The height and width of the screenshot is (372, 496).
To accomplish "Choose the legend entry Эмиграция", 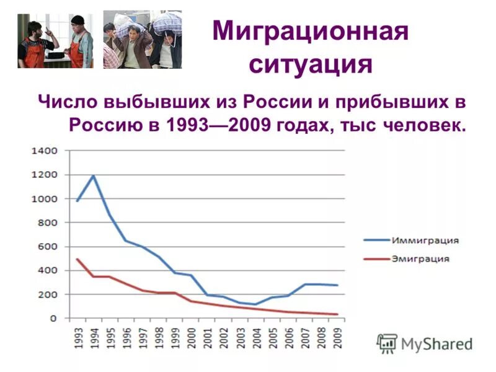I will point(420,259).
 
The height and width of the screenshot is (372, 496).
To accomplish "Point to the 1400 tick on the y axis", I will point(45,151).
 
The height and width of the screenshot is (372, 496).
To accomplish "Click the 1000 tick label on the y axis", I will point(45,198).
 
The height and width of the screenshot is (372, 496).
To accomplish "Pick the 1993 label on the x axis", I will point(77,337).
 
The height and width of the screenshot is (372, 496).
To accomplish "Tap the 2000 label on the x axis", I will point(192,337).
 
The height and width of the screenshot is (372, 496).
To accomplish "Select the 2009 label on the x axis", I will point(338,337).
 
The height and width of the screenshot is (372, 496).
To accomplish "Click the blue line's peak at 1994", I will point(94,175).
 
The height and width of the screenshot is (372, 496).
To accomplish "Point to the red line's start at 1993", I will point(77,259).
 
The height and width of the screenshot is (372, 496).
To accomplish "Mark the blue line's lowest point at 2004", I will point(255,304).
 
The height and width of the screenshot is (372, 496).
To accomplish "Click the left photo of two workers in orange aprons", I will point(56,41).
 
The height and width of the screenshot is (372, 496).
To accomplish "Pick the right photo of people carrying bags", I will point(143,41).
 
